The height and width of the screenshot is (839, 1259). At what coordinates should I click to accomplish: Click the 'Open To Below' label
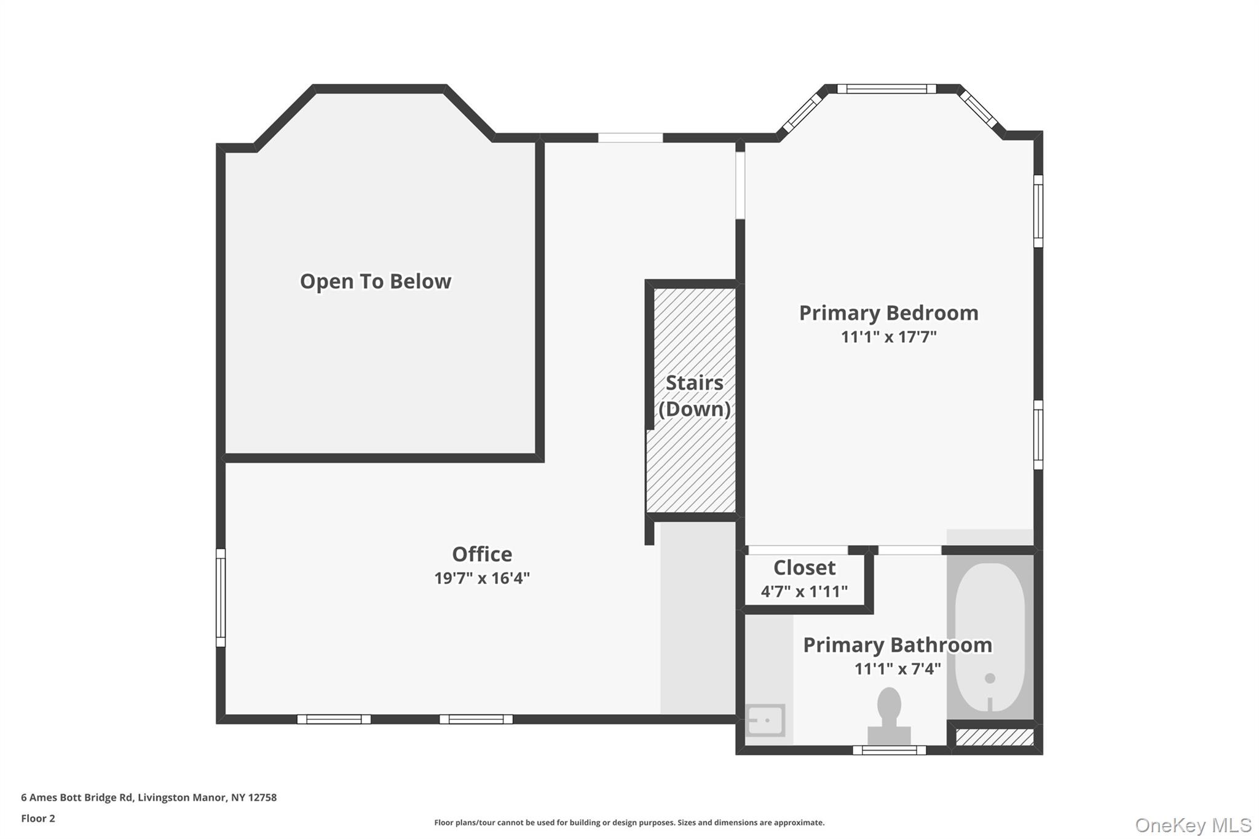tap(375, 282)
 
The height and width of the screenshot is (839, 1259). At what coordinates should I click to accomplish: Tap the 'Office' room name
tap(482, 554)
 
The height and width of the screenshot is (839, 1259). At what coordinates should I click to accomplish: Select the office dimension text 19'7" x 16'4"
tap(482, 578)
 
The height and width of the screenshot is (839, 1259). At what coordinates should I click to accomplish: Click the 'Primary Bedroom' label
tap(888, 313)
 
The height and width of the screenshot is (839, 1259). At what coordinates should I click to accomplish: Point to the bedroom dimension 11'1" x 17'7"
tap(888, 337)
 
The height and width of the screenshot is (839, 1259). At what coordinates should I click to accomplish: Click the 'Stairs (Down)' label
tap(694, 396)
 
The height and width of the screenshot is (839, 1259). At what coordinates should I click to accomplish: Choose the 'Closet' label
tap(804, 567)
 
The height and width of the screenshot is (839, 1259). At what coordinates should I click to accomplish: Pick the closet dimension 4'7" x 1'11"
tap(804, 591)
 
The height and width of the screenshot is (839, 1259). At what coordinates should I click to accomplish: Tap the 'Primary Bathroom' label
tap(897, 645)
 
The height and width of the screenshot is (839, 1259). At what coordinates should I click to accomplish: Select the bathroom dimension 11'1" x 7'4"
tap(897, 669)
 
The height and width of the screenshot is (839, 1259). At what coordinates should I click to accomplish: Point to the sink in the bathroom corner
tap(765, 720)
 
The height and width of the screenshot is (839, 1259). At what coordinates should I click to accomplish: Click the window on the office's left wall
tap(221, 597)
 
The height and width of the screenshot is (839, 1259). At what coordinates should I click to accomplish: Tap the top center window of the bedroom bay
tap(886, 89)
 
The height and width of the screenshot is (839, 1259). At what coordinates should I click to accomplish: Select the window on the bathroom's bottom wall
tap(889, 750)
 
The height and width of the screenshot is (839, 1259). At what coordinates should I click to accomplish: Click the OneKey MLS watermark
tap(1193, 824)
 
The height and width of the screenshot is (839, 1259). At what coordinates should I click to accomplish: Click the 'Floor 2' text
tap(38, 819)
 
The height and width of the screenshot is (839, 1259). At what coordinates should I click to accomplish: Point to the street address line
tap(149, 798)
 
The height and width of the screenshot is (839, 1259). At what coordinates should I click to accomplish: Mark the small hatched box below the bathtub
tap(995, 738)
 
